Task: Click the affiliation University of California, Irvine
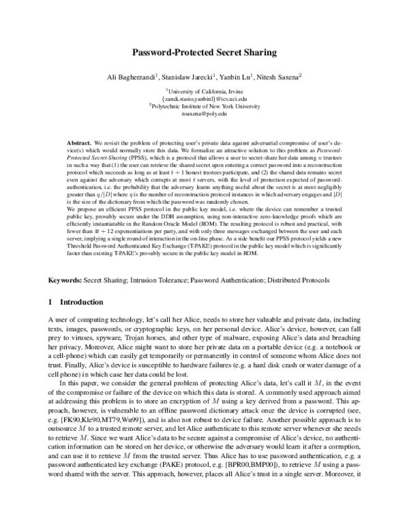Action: [204, 90]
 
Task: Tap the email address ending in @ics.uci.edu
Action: [204, 98]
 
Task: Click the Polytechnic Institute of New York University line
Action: [204, 106]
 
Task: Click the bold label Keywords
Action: [65, 279]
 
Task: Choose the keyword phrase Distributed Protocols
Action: [303, 279]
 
